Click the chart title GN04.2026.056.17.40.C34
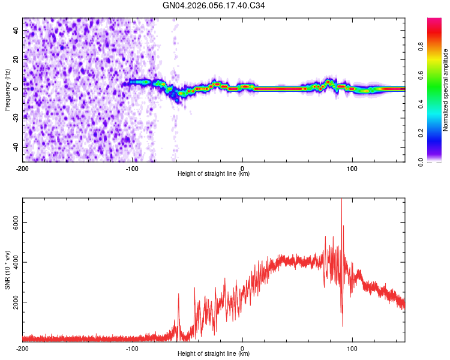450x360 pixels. point(214,5)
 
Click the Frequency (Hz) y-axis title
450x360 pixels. point(7,89)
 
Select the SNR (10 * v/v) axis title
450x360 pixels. point(7,269)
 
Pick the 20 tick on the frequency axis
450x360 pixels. point(17,59)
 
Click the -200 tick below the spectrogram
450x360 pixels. point(23,167)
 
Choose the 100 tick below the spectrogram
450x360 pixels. point(352,167)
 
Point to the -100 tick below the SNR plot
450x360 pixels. point(133,347)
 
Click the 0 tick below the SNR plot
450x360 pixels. point(242,347)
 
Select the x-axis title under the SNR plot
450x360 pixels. point(214,354)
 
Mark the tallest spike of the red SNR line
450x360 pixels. point(341,200)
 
